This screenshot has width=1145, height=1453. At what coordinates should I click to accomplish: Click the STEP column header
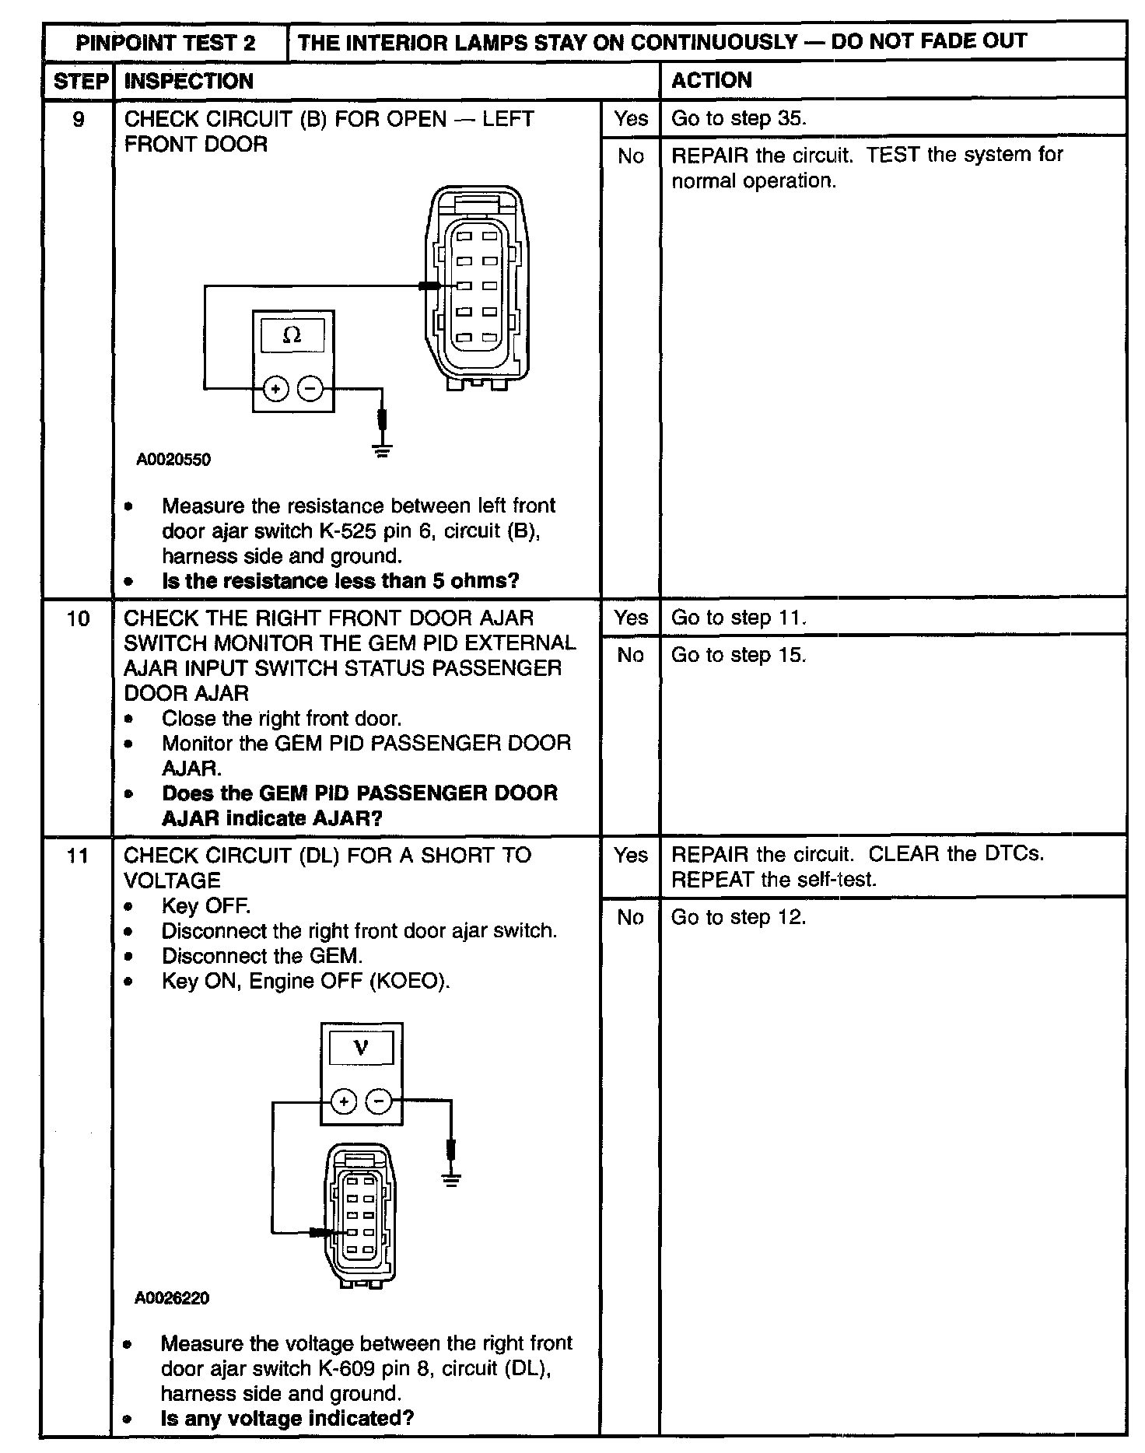(x=81, y=82)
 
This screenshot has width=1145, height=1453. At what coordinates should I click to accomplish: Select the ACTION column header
(x=711, y=81)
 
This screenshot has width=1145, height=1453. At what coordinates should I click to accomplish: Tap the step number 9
(x=78, y=120)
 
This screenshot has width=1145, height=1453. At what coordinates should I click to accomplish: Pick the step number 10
(x=78, y=619)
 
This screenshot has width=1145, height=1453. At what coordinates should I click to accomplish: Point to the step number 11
(x=78, y=856)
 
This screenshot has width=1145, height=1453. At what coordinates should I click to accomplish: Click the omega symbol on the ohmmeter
(x=292, y=335)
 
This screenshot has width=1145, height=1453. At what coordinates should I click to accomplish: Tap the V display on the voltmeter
(x=361, y=1048)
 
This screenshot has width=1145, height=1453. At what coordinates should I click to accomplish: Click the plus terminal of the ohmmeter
(x=276, y=388)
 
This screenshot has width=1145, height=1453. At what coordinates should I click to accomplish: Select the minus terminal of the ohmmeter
(x=310, y=388)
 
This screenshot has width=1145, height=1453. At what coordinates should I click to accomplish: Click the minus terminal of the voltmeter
(x=379, y=1101)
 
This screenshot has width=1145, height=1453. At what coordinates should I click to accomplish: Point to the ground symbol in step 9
(x=382, y=449)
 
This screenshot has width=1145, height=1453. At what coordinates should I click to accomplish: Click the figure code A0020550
(x=173, y=460)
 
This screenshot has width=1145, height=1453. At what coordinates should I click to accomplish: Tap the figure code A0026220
(x=172, y=1298)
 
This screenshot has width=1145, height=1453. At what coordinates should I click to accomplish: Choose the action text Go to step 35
(x=738, y=119)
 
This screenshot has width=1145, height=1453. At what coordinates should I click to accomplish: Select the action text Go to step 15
(x=738, y=656)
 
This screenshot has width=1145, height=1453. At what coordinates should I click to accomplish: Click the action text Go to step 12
(x=738, y=918)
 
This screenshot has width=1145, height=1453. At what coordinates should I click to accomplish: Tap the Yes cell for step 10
(x=630, y=618)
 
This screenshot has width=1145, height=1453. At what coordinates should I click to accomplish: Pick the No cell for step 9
(x=631, y=157)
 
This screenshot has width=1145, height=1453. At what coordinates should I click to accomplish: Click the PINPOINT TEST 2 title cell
(x=165, y=43)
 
